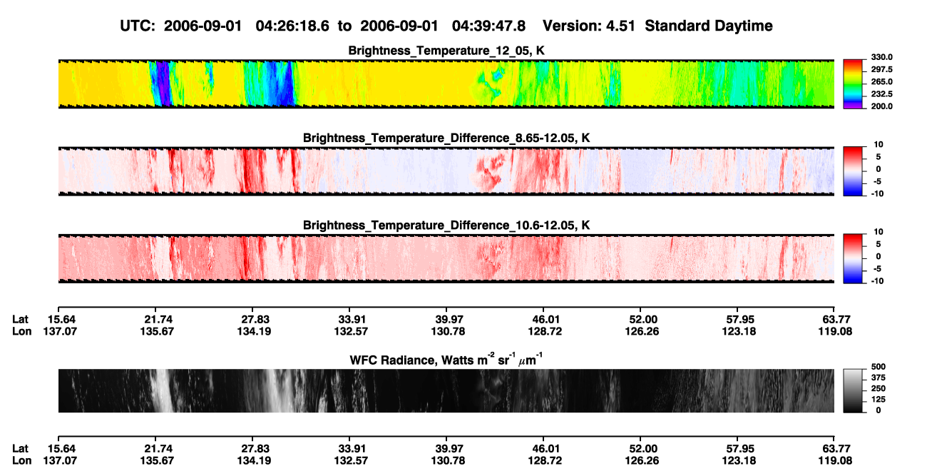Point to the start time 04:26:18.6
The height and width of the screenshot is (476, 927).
coord(292,26)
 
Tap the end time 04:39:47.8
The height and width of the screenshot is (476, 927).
coord(488,26)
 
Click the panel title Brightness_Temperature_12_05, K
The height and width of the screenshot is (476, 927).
coord(446,51)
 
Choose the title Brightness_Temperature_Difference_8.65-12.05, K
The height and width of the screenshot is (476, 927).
coord(446,138)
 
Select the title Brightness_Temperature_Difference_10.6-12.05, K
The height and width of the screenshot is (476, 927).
coord(446,226)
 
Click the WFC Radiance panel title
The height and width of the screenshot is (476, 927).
coord(446,360)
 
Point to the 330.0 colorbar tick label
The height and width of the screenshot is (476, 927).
coord(881,57)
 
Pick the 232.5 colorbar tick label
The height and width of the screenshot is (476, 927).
coord(881,94)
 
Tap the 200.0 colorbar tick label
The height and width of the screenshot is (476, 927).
coord(881,106)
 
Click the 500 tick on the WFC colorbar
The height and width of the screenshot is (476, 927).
coord(879,367)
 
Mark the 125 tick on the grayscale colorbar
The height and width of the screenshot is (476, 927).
coord(879,400)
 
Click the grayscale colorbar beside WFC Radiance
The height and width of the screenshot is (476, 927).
coord(853,390)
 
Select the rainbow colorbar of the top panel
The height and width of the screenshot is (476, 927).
coord(853,84)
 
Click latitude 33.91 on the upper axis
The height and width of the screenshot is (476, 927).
coord(351,320)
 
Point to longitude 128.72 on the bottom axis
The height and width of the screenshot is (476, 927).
coord(545,461)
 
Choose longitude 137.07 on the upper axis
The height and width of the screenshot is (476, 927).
coord(60,331)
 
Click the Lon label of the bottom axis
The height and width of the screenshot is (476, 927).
coord(22,461)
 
